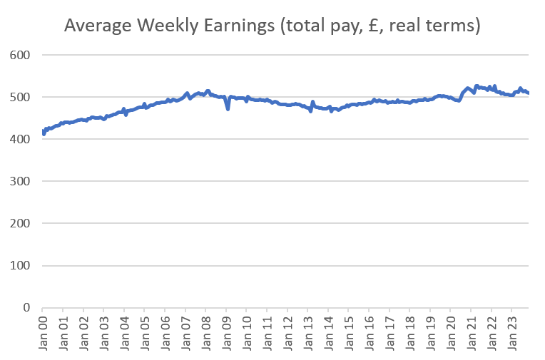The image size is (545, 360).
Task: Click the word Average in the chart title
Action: click(x=99, y=26)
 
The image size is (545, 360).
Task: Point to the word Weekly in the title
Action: click(x=170, y=26)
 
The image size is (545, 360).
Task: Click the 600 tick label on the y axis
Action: click(x=21, y=55)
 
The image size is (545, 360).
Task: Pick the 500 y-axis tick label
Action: click(x=21, y=97)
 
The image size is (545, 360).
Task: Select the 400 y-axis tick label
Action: click(x=21, y=139)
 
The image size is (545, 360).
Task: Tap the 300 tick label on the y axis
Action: click(x=21, y=181)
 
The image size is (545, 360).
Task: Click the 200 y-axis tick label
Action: click(x=21, y=223)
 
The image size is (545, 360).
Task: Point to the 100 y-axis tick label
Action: click(x=21, y=266)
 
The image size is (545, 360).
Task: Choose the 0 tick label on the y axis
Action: click(x=27, y=308)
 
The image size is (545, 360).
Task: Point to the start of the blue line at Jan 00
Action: click(x=44, y=133)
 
